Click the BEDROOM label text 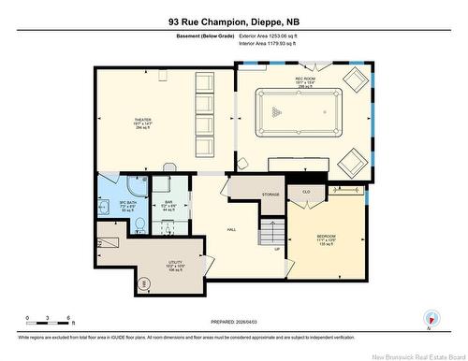326,236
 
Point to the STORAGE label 271,194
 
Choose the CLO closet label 305,191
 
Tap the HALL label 230,229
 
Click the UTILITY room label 149,263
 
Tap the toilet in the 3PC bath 137,224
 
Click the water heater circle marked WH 118,282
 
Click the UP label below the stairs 276,250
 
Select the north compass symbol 429,317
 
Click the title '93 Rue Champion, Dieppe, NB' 234,19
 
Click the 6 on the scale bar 71,318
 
